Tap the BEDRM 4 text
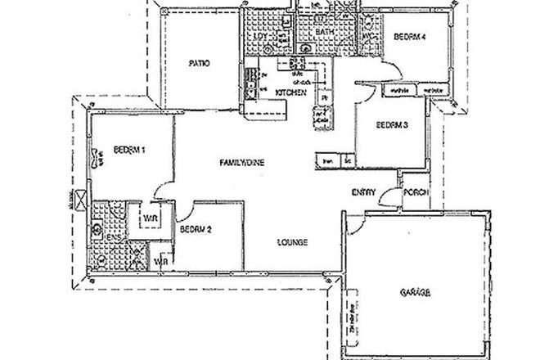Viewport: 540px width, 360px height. pyautogui.click(x=407, y=38)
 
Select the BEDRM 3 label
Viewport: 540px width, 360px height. pyautogui.click(x=391, y=125)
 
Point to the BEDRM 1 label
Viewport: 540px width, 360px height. pyautogui.click(x=129, y=149)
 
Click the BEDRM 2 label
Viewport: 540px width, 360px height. pyautogui.click(x=196, y=230)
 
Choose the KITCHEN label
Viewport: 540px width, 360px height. pyautogui.click(x=290, y=93)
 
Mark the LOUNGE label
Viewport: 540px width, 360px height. pyautogui.click(x=292, y=242)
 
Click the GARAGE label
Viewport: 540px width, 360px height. pyautogui.click(x=416, y=291)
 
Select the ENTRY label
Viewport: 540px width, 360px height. pyautogui.click(x=363, y=192)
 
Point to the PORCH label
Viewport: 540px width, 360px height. pyautogui.click(x=413, y=192)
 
